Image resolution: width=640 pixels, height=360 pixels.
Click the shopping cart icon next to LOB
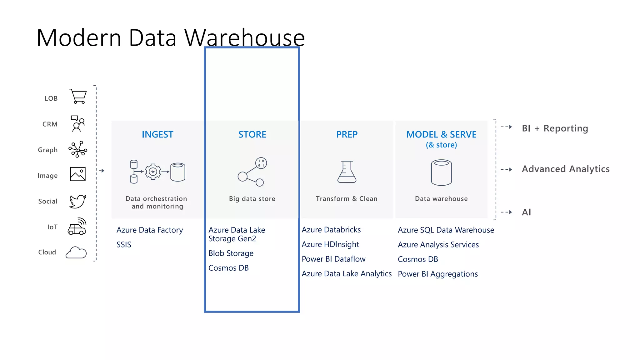click(78, 96)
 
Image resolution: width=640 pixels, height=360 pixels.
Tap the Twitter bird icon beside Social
click(77, 201)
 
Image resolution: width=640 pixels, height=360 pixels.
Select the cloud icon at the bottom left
click(76, 252)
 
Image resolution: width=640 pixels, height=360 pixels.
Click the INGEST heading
click(157, 134)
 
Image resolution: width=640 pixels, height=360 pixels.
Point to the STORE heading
click(252, 134)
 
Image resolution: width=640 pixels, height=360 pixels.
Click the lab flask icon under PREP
click(347, 172)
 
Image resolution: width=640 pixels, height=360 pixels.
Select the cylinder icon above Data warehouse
click(441, 172)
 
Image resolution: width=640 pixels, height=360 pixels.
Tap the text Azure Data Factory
click(149, 230)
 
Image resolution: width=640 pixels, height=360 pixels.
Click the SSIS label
click(124, 245)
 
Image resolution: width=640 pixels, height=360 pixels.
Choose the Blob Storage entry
click(231, 253)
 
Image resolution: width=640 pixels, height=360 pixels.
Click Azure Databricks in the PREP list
click(331, 230)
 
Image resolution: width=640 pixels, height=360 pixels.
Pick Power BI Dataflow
click(333, 259)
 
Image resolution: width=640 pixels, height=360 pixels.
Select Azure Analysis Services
click(438, 245)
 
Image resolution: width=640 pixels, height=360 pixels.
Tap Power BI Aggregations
click(437, 274)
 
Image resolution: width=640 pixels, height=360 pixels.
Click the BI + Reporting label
click(555, 128)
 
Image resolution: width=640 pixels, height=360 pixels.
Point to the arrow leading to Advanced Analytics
click(506, 170)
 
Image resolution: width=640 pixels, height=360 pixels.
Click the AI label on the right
click(526, 212)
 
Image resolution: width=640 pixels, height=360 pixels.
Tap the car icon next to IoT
click(77, 227)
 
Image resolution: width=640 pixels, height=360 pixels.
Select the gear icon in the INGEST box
click(153, 172)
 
